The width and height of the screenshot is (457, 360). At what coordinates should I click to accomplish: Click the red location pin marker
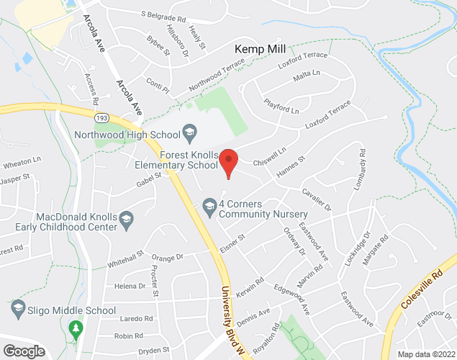[x=228, y=162]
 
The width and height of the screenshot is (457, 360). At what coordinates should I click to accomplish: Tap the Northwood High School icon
[x=190, y=131]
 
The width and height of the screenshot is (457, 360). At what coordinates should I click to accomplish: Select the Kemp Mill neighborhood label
[x=261, y=49]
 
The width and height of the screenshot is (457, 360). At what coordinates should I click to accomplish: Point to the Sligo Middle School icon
[x=18, y=310]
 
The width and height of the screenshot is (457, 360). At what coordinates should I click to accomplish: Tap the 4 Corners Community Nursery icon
[x=209, y=204]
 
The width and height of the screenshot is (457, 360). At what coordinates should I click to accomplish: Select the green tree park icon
[x=75, y=330]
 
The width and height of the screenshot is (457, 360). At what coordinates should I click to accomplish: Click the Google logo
[x=23, y=351]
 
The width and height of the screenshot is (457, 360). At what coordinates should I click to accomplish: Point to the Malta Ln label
[x=307, y=74]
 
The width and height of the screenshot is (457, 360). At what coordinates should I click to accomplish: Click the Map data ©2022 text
[x=426, y=354]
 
